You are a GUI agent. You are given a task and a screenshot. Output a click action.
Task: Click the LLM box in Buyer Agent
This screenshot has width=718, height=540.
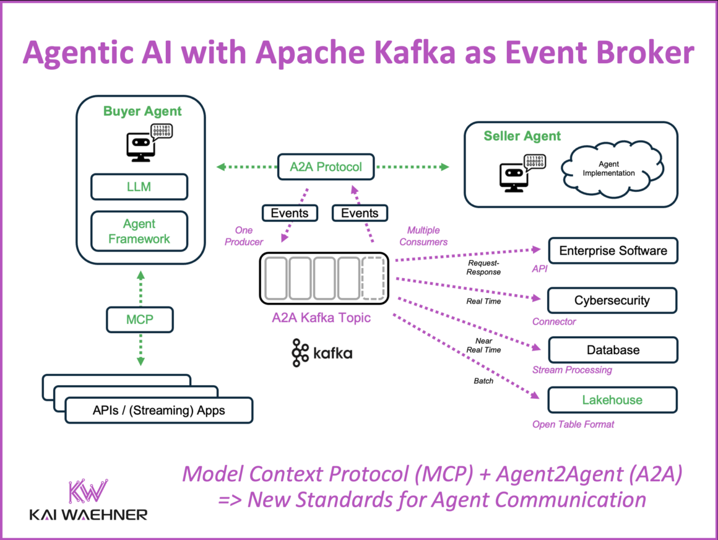[x=139, y=186]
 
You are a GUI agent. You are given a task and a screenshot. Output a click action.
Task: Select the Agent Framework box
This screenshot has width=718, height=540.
[x=139, y=231]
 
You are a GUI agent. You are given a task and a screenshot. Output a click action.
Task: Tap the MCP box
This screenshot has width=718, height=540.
[x=140, y=320]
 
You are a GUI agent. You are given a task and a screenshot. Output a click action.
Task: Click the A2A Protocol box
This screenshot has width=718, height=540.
[x=326, y=167]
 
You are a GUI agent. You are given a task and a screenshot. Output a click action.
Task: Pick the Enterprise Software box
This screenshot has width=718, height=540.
[x=613, y=251]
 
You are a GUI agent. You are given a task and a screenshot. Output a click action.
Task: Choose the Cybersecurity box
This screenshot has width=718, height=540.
[x=612, y=300]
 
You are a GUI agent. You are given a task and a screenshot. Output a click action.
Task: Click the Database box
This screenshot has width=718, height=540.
[x=613, y=350]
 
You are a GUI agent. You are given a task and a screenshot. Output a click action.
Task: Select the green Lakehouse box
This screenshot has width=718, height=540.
[x=612, y=400]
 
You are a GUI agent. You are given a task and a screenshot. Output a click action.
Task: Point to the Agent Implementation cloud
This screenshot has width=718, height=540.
[x=612, y=168]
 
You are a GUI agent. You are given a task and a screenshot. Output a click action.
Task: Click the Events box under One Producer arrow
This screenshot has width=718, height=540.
[x=289, y=213]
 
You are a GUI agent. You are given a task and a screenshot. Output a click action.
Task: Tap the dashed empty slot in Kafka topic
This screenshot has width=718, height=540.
[x=373, y=279]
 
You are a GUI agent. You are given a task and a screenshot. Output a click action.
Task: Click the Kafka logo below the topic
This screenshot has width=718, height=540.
[x=322, y=353]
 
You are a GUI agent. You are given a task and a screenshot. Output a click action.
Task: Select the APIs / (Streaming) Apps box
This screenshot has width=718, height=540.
[x=158, y=410]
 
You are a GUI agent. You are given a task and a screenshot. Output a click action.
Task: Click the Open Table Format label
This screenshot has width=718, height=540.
[x=573, y=425]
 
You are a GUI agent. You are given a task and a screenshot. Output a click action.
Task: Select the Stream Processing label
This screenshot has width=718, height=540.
[x=572, y=370]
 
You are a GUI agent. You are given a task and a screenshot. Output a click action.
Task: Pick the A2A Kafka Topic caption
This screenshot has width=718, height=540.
[x=321, y=318]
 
